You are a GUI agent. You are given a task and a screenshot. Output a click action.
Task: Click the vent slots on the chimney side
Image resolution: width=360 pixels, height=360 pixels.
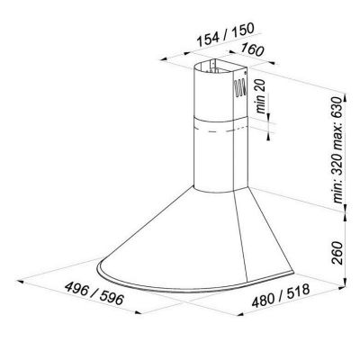239,87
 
